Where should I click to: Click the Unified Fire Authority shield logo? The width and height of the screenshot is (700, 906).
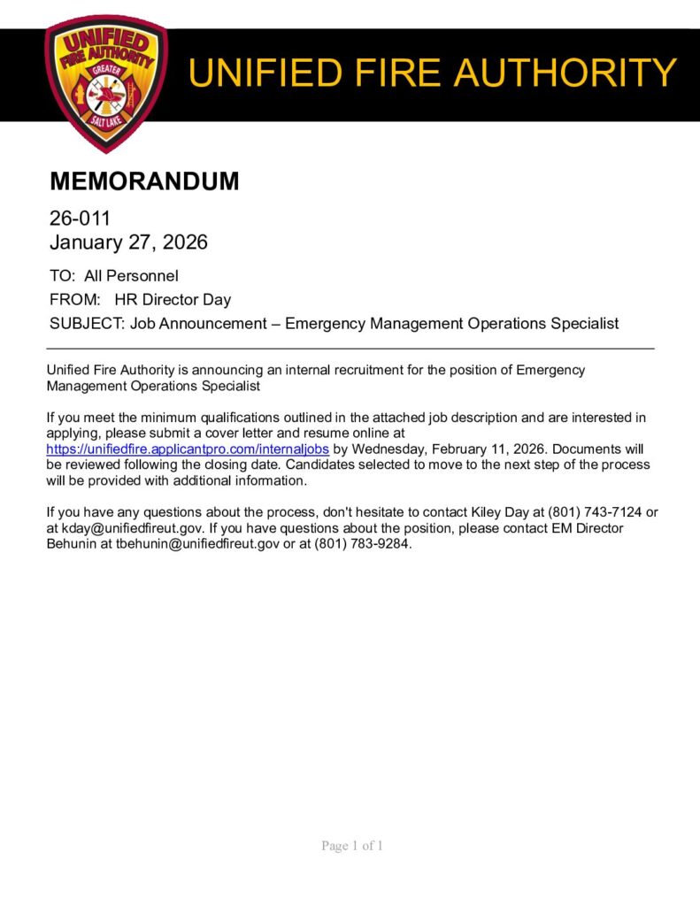(x=105, y=82)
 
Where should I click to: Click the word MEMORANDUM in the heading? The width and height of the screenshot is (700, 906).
(x=144, y=181)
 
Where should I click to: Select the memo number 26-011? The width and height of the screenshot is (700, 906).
(x=80, y=219)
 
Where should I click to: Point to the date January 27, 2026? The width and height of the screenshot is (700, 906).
(x=128, y=242)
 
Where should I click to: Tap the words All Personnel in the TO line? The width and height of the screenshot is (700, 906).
(x=131, y=276)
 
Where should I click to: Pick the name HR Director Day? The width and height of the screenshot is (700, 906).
(x=173, y=300)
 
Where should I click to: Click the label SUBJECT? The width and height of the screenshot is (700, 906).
(x=87, y=324)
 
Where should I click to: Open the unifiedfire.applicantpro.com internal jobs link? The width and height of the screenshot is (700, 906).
(x=188, y=449)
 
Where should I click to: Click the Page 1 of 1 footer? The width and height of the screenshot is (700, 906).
(x=352, y=846)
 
